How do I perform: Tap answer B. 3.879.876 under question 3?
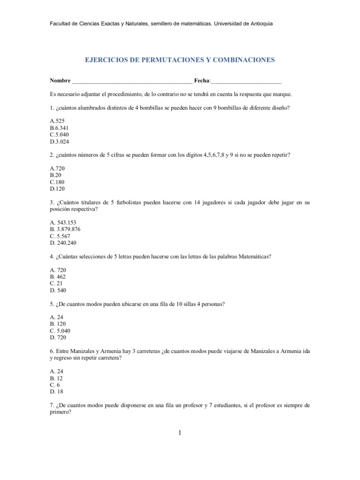(66, 229)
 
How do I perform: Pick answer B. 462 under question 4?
(59, 277)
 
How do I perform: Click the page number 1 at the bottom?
(180, 433)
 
